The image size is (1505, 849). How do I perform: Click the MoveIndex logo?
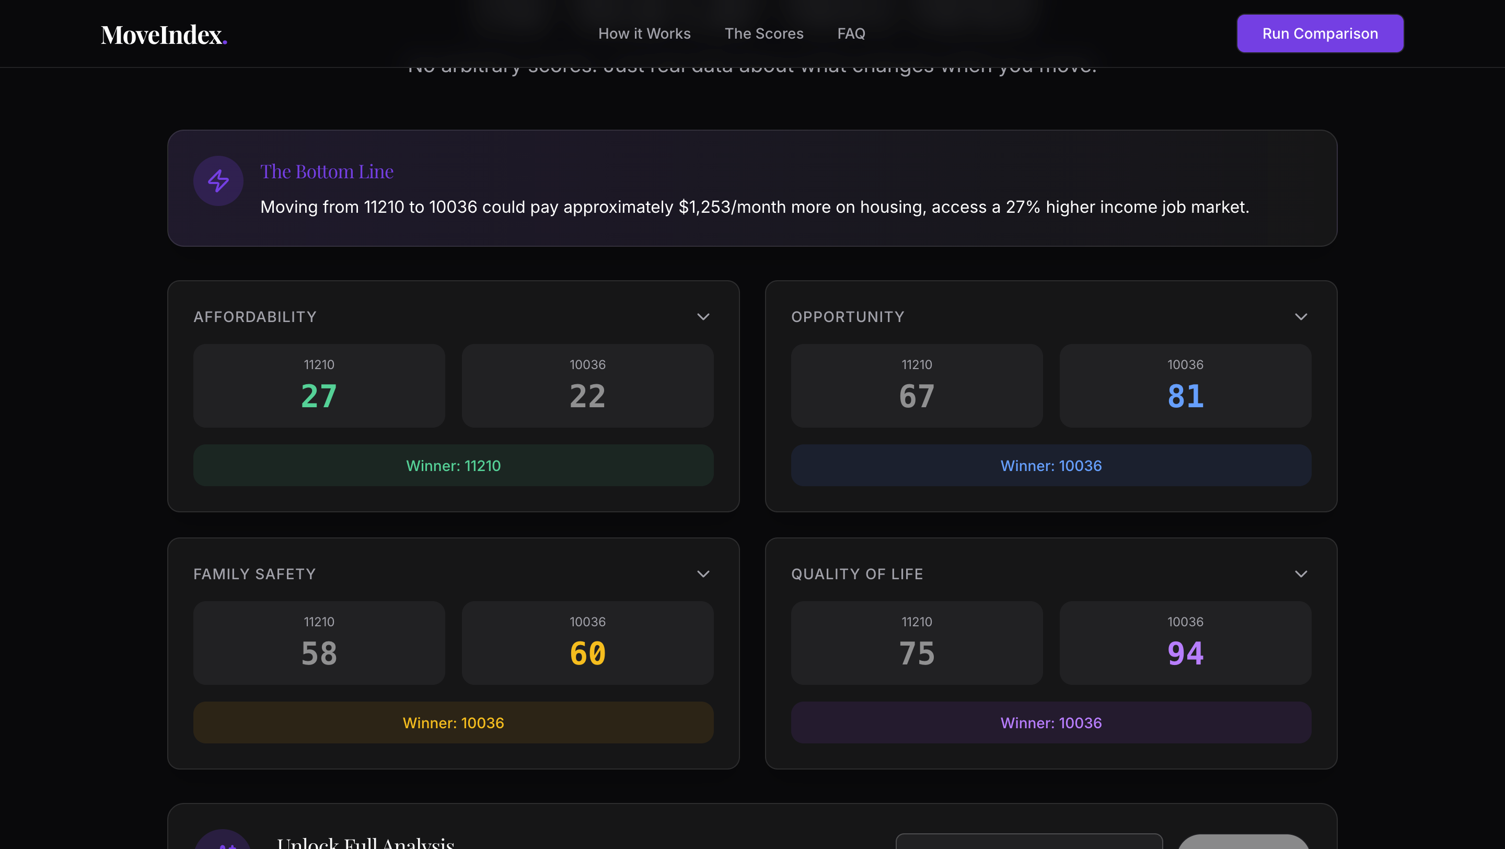tap(164, 35)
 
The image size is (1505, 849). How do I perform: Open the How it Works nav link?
tap(644, 34)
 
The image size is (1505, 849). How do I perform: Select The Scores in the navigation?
tap(763, 34)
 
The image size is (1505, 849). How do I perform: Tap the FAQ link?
tap(851, 34)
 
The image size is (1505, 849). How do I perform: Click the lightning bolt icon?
tap(218, 180)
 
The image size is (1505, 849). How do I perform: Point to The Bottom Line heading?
tap(327, 171)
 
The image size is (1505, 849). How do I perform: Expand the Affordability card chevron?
tap(703, 317)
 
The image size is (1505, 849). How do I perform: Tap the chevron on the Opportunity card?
tap(1301, 317)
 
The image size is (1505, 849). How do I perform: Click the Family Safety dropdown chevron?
tap(703, 574)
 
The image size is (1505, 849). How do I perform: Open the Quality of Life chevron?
tap(1301, 574)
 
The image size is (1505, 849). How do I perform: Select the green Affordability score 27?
tap(319, 396)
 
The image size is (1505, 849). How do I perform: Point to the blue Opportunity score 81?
tap(1185, 396)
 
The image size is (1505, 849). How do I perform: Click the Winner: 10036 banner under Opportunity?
tap(1050, 466)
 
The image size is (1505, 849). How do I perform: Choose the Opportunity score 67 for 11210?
tap(916, 396)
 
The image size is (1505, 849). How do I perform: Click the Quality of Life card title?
tap(856, 574)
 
